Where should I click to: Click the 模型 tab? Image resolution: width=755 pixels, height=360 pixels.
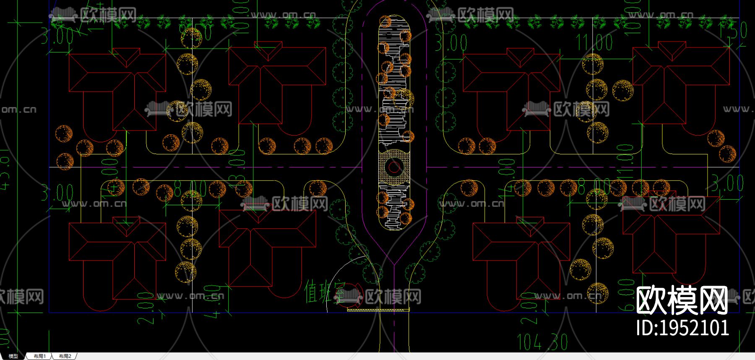coord(13,356)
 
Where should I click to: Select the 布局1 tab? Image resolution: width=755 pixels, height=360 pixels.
coord(40,356)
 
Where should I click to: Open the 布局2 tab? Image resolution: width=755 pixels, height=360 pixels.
coord(65,356)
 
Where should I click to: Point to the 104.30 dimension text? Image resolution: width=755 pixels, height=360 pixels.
coord(542,342)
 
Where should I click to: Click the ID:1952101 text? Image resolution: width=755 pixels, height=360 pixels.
coord(682,328)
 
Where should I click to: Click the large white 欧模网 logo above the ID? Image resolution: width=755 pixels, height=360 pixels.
coord(682,300)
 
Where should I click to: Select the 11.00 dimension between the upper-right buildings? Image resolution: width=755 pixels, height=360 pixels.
coord(594,42)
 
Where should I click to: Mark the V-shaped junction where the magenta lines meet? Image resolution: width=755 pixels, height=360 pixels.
coord(394,263)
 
